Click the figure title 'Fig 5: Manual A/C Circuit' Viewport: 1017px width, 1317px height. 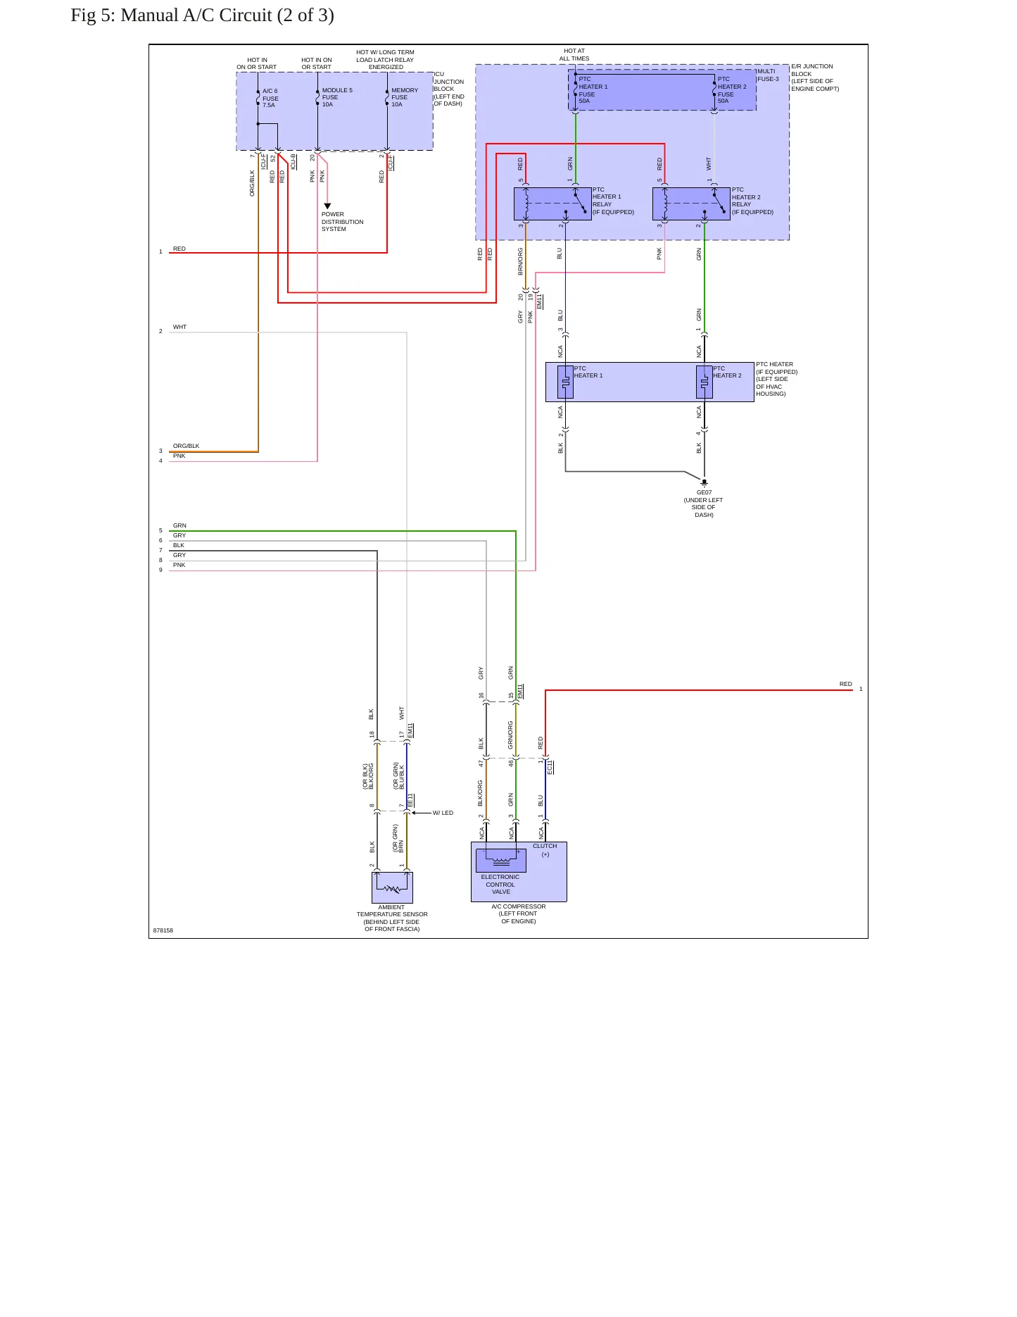171,15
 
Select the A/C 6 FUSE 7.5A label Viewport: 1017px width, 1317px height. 270,98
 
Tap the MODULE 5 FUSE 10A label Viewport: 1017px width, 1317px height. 337,97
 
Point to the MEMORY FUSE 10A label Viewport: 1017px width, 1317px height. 405,97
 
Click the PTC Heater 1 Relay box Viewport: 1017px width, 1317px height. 552,204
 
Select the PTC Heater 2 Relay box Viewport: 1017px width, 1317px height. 691,204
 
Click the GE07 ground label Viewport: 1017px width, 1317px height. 704,492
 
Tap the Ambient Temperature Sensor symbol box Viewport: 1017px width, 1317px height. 392,887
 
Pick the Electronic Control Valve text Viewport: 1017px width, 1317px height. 500,885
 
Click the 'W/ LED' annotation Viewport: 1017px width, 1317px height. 443,813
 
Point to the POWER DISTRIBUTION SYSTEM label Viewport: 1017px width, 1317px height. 343,222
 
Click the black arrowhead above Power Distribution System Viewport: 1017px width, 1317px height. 327,206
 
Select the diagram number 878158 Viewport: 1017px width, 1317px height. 163,930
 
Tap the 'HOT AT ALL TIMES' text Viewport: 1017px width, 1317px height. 574,55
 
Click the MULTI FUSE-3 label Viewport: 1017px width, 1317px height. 768,75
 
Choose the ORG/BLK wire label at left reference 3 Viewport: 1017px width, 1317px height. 187,446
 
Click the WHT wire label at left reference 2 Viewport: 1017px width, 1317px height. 180,327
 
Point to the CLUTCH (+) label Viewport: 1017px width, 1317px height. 545,850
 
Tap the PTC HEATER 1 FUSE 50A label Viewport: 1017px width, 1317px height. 593,90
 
